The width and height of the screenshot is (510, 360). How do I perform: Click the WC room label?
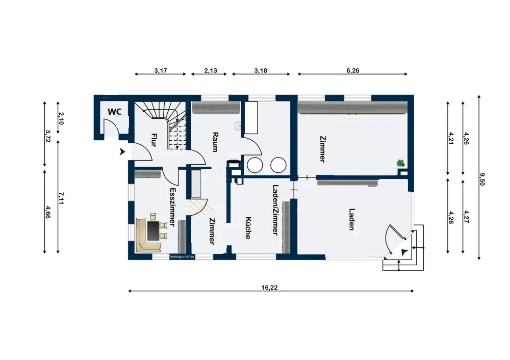point(114,112)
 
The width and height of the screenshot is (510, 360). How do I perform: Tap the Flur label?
point(154,140)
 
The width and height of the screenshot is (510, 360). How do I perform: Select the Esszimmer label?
point(173,207)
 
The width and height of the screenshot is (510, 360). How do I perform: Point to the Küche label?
point(248,228)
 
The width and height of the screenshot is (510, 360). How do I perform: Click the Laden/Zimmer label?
point(275,210)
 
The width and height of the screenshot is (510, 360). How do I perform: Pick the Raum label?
point(215,142)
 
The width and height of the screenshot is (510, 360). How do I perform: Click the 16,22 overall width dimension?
point(269,288)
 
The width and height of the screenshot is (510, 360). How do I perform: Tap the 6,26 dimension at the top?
point(353,70)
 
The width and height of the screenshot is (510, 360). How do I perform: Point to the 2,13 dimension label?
point(211,70)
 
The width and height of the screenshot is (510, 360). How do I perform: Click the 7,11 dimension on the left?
point(61,198)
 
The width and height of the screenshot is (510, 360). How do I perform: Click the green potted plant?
point(400,163)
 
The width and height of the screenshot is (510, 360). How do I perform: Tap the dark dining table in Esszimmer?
point(153,231)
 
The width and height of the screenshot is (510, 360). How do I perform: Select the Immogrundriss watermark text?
point(182,256)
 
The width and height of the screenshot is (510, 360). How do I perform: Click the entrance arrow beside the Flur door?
point(122,151)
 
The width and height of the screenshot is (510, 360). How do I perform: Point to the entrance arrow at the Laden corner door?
point(404,252)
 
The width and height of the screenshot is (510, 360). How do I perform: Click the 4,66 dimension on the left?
point(48,212)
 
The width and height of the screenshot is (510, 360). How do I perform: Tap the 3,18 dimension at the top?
point(261,70)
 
